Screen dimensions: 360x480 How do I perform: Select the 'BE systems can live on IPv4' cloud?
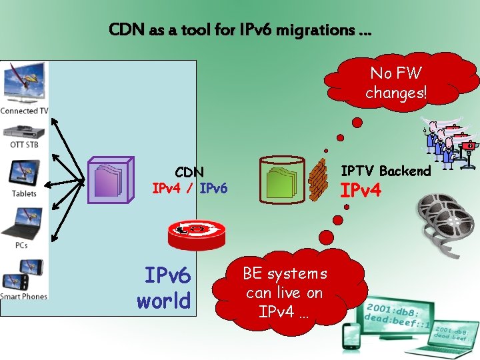tap(285, 292)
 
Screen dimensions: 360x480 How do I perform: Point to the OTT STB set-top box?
tap(24, 129)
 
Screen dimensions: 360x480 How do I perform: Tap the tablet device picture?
tap(24, 173)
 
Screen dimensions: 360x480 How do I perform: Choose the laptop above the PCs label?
tap(23, 223)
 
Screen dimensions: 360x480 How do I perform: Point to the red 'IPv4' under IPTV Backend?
tap(361, 191)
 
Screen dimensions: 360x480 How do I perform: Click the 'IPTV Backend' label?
tap(386, 171)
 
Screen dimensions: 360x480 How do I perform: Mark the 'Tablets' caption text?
tap(24, 194)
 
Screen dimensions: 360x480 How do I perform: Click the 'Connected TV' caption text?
tap(24, 111)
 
